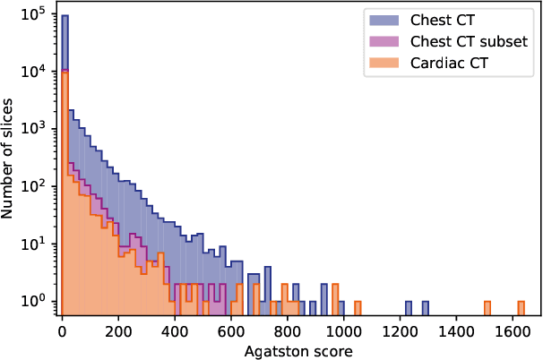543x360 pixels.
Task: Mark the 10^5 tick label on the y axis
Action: click(36, 15)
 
